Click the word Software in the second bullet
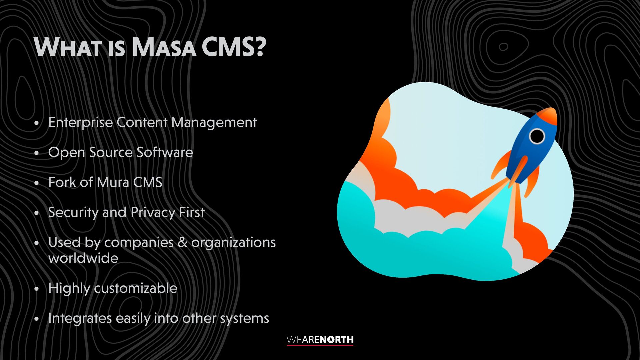165,152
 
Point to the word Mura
113,182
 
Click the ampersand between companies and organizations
183,242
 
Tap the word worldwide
83,258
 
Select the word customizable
136,288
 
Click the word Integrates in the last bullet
80,318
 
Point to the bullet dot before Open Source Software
37,153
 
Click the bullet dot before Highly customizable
37,289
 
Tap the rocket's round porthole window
537,136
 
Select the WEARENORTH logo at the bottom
320,340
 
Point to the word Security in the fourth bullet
73,213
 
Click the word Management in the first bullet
214,123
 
